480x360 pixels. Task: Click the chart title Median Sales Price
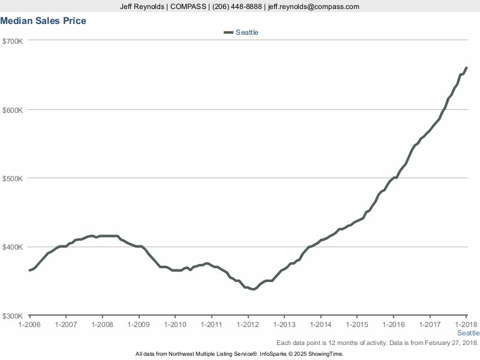pos(43,21)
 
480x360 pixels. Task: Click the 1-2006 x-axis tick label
pos(29,325)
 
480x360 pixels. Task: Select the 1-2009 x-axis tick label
pos(139,325)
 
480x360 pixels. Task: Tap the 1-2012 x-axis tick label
pos(248,325)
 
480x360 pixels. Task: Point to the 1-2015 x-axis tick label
pos(357,325)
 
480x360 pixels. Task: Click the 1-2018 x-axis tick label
pos(466,325)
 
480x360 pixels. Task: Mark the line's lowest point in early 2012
pos(253,289)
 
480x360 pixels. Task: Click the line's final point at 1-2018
pos(466,68)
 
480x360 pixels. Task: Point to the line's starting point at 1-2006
pos(29,271)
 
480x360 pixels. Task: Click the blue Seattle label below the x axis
pos(468,333)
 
